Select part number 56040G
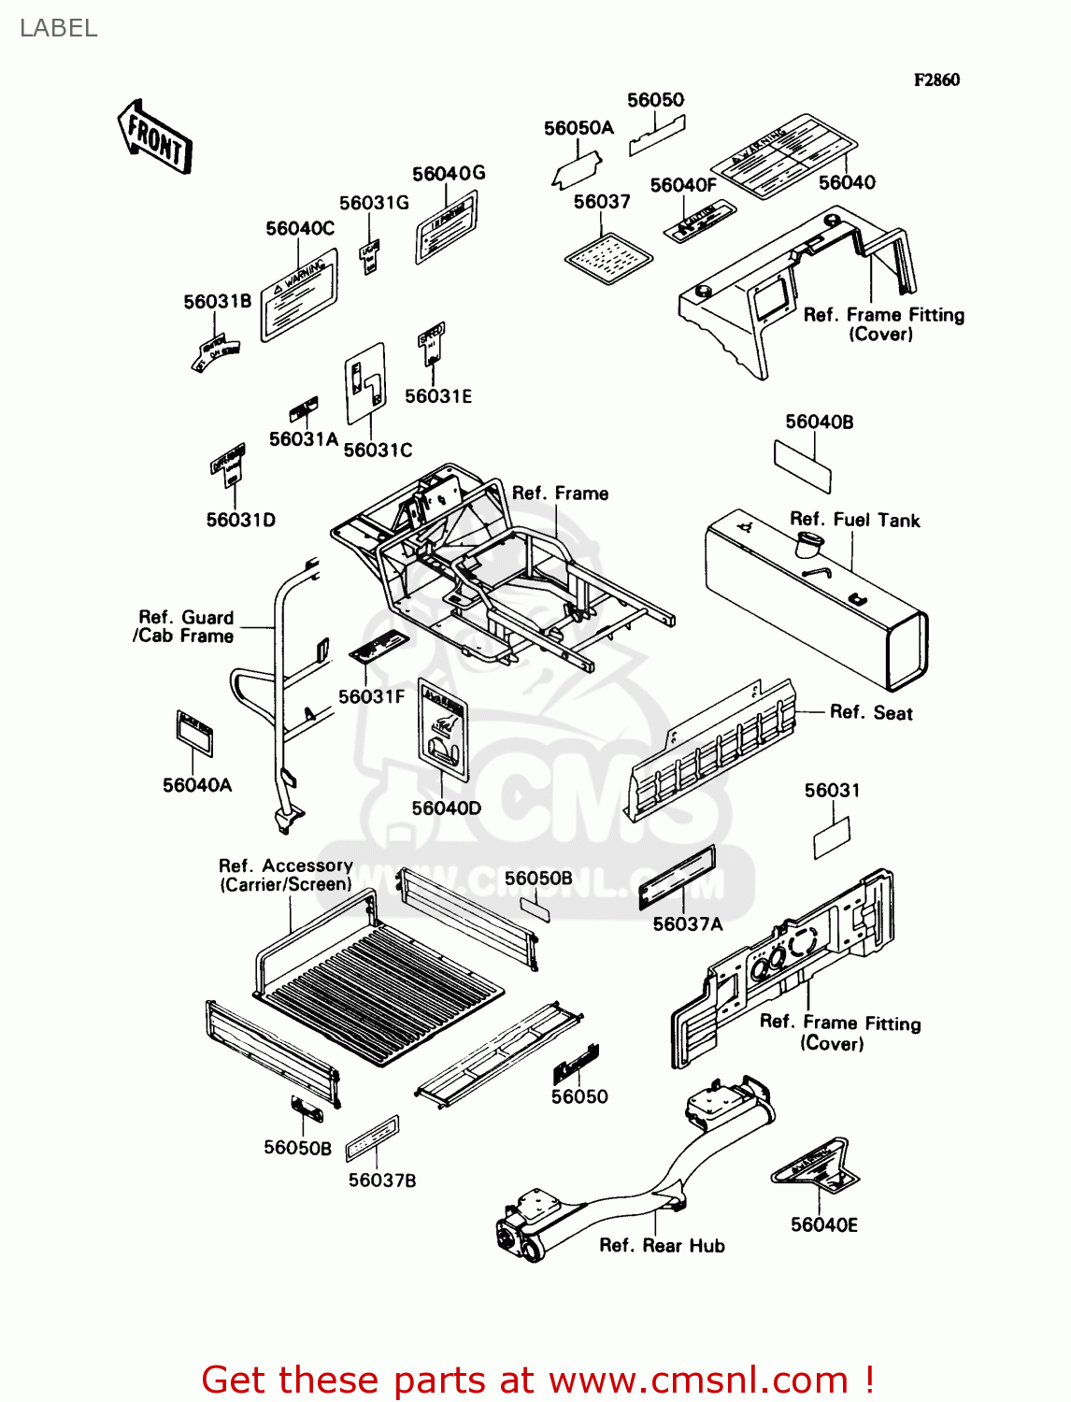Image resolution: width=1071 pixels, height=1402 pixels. click(449, 174)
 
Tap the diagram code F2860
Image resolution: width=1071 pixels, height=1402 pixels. click(936, 80)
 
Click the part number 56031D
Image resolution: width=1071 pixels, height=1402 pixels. click(241, 520)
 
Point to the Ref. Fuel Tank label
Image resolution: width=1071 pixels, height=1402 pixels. click(854, 520)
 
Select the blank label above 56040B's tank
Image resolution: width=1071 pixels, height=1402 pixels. click(802, 465)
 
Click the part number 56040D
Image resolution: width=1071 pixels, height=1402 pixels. click(447, 808)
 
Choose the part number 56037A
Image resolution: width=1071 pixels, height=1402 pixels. click(688, 923)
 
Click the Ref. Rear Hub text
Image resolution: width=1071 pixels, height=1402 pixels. click(662, 1245)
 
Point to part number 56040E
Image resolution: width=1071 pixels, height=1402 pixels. click(824, 1224)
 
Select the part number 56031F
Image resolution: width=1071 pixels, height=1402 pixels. click(372, 696)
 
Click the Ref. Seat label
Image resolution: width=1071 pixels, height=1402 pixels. click(871, 712)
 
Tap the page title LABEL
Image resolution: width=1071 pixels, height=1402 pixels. click(58, 28)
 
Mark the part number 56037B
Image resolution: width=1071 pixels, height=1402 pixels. click(382, 1180)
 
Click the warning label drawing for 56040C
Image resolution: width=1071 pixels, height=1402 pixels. click(298, 294)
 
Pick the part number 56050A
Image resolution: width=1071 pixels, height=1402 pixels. click(578, 128)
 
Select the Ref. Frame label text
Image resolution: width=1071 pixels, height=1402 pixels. click(560, 493)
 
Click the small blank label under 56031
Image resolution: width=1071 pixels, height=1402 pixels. click(832, 837)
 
